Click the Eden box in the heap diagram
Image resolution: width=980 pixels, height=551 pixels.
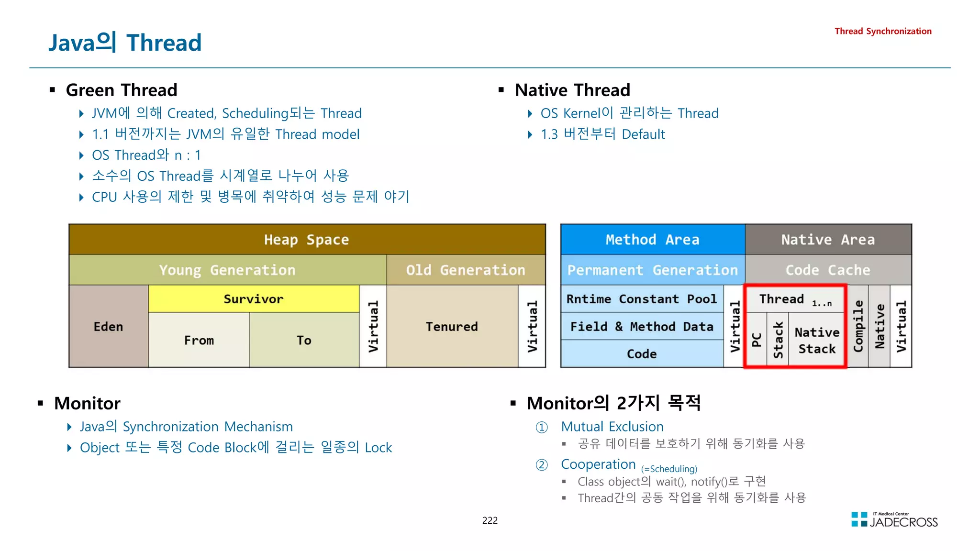click(x=109, y=327)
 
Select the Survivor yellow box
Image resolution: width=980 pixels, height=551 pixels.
click(x=254, y=299)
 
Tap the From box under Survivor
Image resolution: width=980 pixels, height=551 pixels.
click(x=199, y=340)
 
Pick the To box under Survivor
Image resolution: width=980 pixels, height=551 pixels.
click(x=304, y=340)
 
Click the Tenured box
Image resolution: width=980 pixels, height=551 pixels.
click(x=452, y=327)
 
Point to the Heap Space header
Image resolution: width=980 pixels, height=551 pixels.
click(x=307, y=240)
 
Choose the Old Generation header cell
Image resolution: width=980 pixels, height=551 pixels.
click(x=466, y=270)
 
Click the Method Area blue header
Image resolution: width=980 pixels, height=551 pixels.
click(x=652, y=240)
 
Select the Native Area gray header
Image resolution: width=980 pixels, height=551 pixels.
click(x=828, y=240)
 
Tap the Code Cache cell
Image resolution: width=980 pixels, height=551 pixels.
click(x=828, y=270)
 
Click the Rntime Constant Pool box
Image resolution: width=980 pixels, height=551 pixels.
click(x=642, y=299)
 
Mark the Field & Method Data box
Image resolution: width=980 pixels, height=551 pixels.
click(x=642, y=327)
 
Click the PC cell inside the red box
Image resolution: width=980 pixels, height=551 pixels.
click(x=757, y=340)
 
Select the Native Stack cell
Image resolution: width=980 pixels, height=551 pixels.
click(x=817, y=340)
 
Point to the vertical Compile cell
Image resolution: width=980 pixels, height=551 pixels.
click(x=858, y=327)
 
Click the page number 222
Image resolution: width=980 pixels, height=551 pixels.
click(x=490, y=520)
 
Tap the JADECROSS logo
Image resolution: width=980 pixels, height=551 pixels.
click(x=894, y=520)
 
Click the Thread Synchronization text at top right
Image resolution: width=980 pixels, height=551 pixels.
click(x=883, y=31)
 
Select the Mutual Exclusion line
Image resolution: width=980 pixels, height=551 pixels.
click(x=612, y=427)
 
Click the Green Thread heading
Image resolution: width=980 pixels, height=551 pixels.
click(x=122, y=90)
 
